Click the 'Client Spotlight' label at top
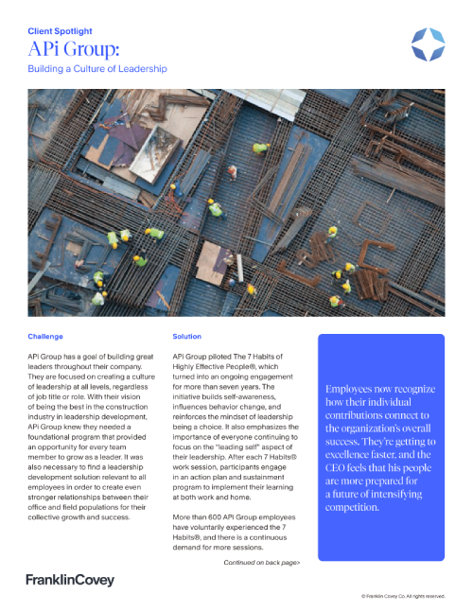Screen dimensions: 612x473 coord(64,30)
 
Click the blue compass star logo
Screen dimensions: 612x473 coord(429,44)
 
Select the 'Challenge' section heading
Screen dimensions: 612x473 coord(45,336)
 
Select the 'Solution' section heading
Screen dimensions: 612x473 coord(187,336)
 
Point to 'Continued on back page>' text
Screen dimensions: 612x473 coord(262,562)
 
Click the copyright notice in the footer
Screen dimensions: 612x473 coord(403,597)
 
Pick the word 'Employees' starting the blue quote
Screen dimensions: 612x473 coord(352,389)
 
